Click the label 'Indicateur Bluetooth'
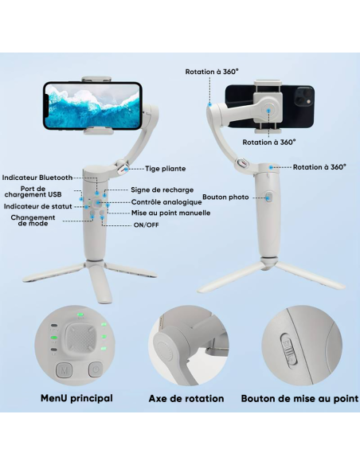(x=37, y=178)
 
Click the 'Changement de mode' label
(x=33, y=221)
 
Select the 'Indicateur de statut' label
(x=37, y=206)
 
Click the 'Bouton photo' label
(x=225, y=197)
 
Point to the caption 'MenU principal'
(x=76, y=398)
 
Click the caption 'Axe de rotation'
(x=186, y=398)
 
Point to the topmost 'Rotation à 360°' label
(x=212, y=71)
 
